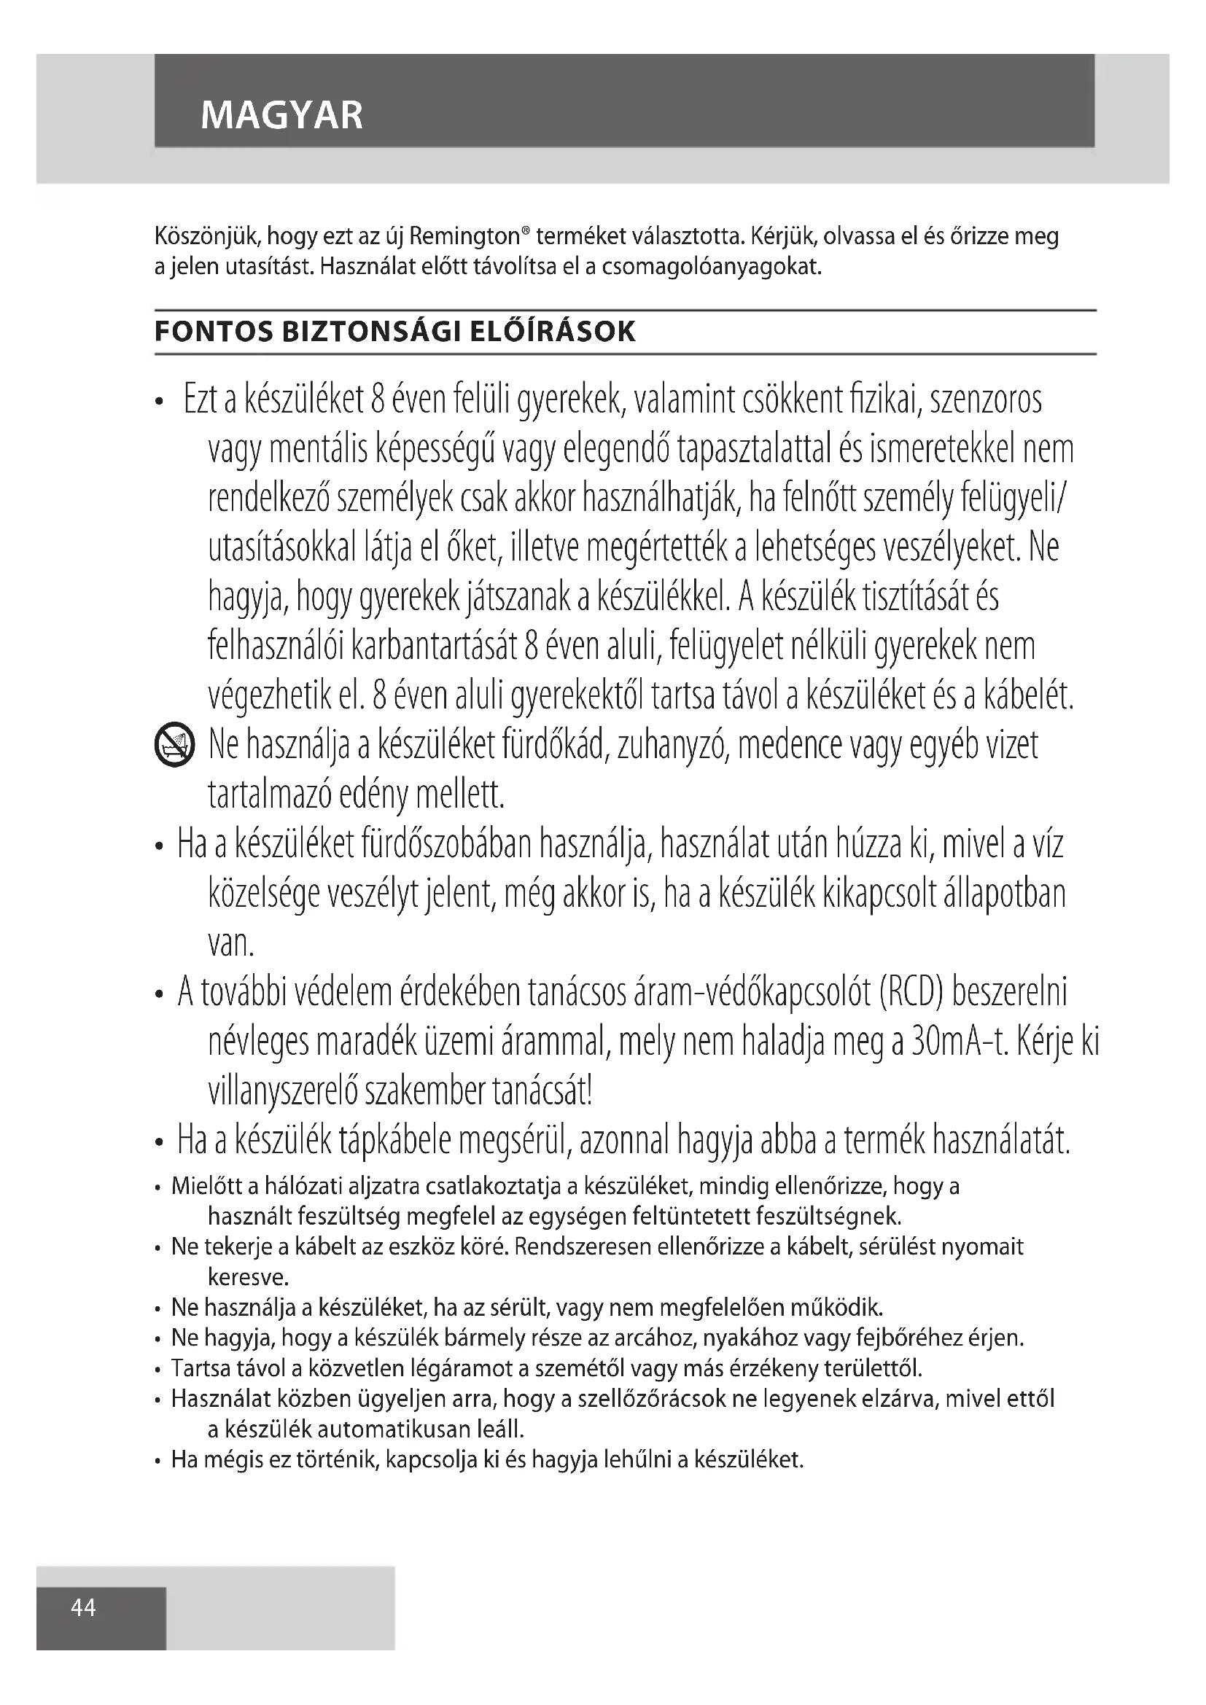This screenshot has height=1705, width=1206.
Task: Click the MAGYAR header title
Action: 281,116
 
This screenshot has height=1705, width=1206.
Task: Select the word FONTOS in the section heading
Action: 212,332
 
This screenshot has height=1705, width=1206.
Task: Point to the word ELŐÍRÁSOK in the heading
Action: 553,332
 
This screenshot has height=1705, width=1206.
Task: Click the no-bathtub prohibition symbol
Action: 174,746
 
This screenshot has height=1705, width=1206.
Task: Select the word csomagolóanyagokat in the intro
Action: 712,267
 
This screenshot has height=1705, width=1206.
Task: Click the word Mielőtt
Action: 205,1187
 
